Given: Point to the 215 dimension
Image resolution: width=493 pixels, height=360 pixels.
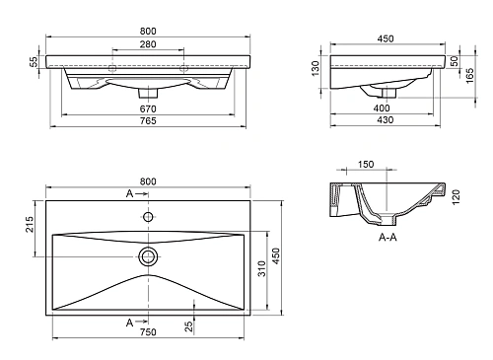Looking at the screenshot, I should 30,225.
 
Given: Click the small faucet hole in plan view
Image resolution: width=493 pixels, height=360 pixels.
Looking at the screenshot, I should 149,216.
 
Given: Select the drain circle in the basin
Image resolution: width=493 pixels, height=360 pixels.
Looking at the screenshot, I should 149,256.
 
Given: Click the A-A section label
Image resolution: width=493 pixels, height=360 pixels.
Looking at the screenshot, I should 387,239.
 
